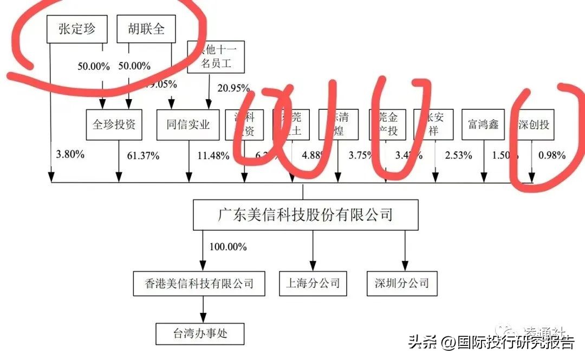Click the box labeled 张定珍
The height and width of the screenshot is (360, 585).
(77, 29)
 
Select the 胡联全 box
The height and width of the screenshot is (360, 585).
(147, 29)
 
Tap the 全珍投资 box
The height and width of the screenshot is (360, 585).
(114, 125)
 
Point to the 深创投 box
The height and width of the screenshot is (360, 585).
(534, 125)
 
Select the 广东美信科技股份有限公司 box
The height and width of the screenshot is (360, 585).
(305, 215)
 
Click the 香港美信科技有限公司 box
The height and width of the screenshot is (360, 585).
(199, 283)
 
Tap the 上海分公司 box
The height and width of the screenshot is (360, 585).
(313, 283)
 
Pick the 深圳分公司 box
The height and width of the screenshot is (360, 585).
(401, 283)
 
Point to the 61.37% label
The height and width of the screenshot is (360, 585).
(143, 156)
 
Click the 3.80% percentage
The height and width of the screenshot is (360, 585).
(70, 154)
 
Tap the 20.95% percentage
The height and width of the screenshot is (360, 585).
(233, 88)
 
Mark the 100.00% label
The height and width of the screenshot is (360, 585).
(228, 247)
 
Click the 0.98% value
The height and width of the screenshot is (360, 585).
(552, 155)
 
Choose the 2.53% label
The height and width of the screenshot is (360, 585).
(458, 156)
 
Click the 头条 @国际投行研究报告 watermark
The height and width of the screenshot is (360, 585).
(491, 343)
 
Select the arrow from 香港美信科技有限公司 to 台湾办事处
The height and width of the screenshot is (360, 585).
(204, 310)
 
